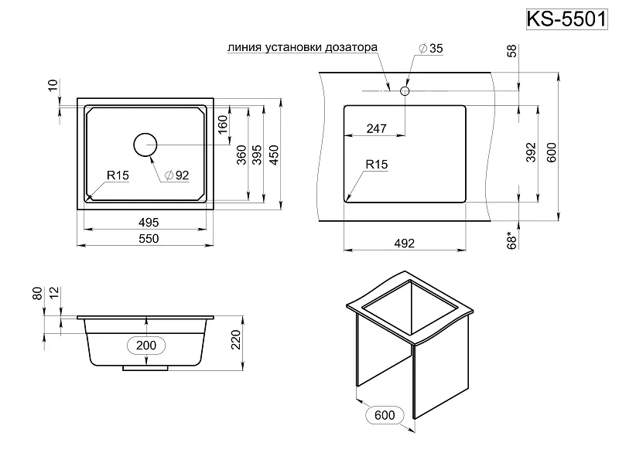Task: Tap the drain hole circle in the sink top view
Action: click(145, 145)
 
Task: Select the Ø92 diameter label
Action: click(177, 175)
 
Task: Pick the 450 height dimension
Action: click(273, 155)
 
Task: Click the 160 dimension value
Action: click(223, 124)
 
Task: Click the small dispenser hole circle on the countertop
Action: click(404, 91)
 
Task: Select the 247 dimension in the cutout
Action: click(376, 129)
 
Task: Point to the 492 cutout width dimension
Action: click(405, 243)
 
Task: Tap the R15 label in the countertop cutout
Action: click(377, 164)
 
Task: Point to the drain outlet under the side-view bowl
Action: click(145, 370)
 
